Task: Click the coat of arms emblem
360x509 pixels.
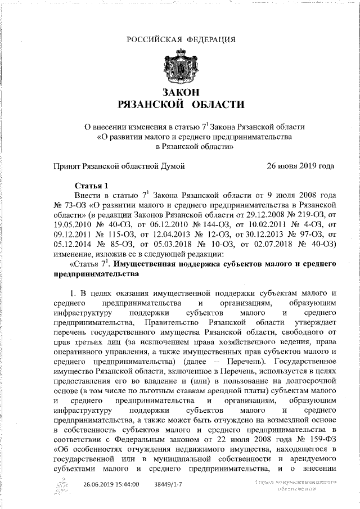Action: click(x=179, y=67)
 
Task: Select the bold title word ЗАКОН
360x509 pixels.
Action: click(x=181, y=92)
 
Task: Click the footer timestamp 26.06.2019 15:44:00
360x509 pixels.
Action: click(x=111, y=484)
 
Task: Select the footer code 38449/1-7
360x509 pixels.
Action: click(x=168, y=484)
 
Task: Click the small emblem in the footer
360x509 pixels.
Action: click(x=63, y=485)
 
